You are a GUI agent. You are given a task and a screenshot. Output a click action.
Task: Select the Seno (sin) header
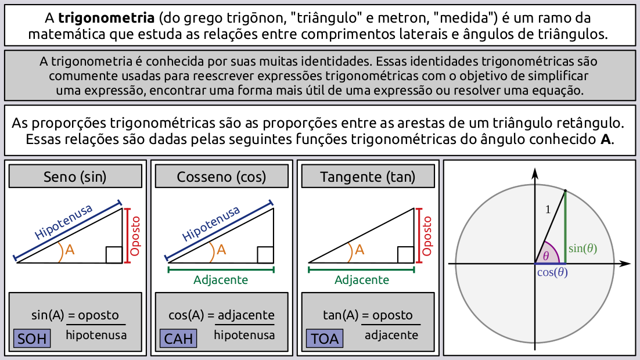point(75,177)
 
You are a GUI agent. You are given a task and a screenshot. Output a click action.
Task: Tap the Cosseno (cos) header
point(221,177)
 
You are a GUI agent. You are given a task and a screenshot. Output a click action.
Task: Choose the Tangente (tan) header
point(368,177)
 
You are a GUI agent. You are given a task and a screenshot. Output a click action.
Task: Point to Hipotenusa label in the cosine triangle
point(211,224)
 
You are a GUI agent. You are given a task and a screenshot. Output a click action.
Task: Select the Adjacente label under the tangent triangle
point(362,280)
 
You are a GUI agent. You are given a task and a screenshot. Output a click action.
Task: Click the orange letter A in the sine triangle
point(70,250)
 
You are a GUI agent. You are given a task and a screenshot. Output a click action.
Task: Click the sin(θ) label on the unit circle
point(583,249)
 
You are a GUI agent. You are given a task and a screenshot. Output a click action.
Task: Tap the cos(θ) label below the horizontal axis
point(552,272)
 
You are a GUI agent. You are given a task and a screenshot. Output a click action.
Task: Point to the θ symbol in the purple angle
point(546,255)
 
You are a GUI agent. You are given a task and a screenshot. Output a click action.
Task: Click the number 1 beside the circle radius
point(548,210)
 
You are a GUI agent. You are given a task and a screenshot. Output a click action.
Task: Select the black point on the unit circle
point(566,190)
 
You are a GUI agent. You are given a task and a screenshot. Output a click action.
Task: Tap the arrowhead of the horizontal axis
point(625,264)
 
